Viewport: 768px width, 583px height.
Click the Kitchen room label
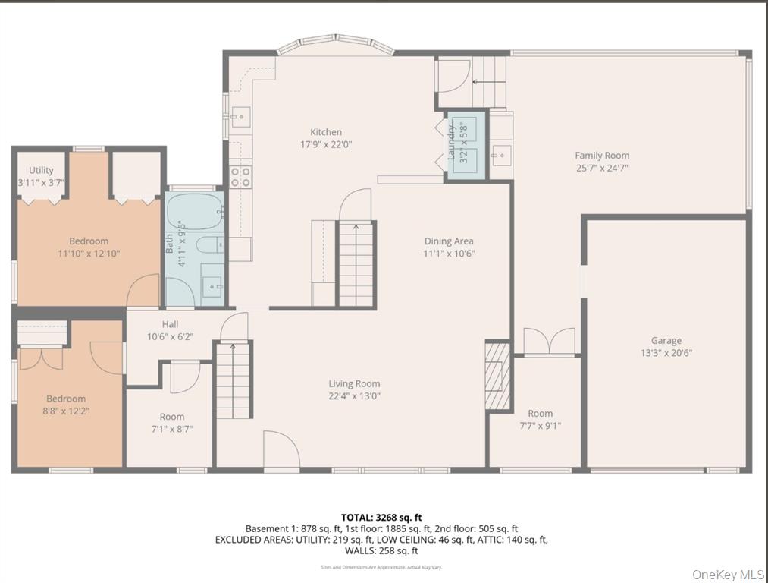[x=326, y=132]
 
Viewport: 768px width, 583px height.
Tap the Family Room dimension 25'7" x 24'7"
[x=601, y=168]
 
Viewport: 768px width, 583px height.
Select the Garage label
[x=666, y=341]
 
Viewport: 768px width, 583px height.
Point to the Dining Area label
[x=449, y=241]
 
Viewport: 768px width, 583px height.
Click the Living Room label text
[x=354, y=384]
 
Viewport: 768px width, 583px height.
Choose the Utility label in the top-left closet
[x=41, y=171]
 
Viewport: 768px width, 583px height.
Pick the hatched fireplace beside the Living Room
[x=498, y=375]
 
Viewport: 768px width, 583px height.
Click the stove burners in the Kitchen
[x=240, y=177]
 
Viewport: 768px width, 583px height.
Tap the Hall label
[x=170, y=325]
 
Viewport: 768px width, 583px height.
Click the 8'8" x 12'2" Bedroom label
[x=66, y=399]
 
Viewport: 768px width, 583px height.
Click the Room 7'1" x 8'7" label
[x=171, y=417]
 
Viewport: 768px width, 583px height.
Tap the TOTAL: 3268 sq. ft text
[x=381, y=518]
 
